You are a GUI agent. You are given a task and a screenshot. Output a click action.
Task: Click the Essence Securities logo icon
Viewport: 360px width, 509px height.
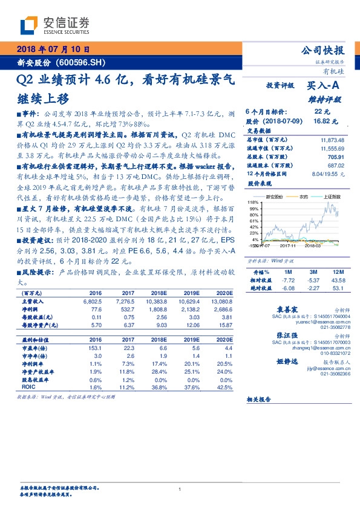pyautogui.click(x=30, y=24)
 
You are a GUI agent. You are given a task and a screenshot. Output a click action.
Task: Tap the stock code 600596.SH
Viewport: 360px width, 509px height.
pyautogui.click(x=80, y=62)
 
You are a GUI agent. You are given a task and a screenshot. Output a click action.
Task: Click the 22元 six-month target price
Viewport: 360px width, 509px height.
pyautogui.click(x=322, y=112)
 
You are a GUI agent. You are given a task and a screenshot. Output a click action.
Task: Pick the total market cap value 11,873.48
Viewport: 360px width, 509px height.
pyautogui.click(x=333, y=140)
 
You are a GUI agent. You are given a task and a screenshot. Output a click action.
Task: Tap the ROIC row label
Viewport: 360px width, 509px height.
pyautogui.click(x=28, y=386)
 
